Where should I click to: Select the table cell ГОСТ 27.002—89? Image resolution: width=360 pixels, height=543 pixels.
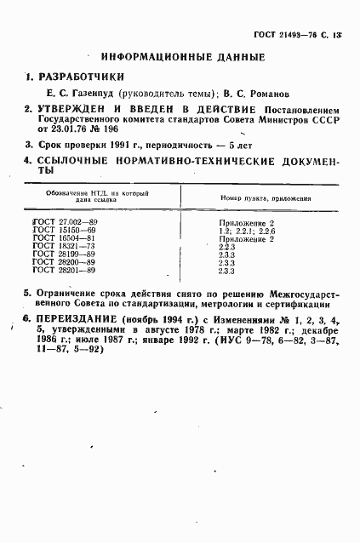(65, 222)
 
